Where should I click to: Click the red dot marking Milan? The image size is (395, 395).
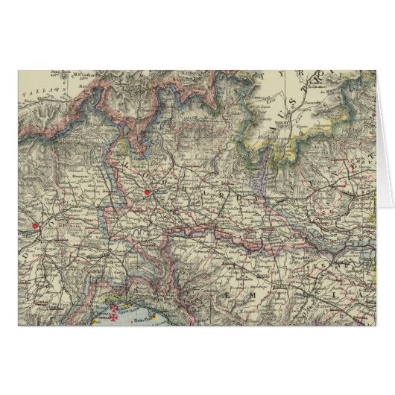point(147,195)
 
